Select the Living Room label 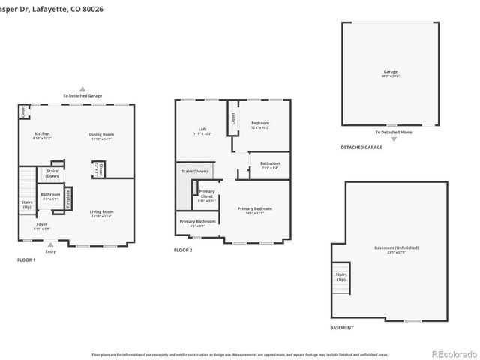pyautogui.click(x=101, y=213)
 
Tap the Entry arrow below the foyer pyautogui.click(x=51, y=244)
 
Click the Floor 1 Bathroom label pyautogui.click(x=51, y=197)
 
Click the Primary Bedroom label pyautogui.click(x=254, y=210)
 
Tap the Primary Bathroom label pyautogui.click(x=199, y=222)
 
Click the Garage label pyautogui.click(x=390, y=73)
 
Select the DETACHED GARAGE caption pyautogui.click(x=361, y=148)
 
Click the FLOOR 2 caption pyautogui.click(x=183, y=250)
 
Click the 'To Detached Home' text pyautogui.click(x=390, y=132)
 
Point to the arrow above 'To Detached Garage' pyautogui.click(x=82, y=88)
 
